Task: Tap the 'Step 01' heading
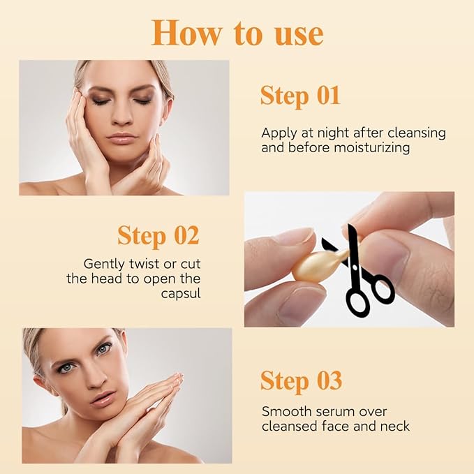pyautogui.click(x=300, y=96)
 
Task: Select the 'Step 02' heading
pyautogui.click(x=158, y=235)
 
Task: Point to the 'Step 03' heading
pyautogui.click(x=301, y=381)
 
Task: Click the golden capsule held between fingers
pyautogui.click(x=305, y=263)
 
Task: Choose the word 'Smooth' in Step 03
pyautogui.click(x=282, y=412)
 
